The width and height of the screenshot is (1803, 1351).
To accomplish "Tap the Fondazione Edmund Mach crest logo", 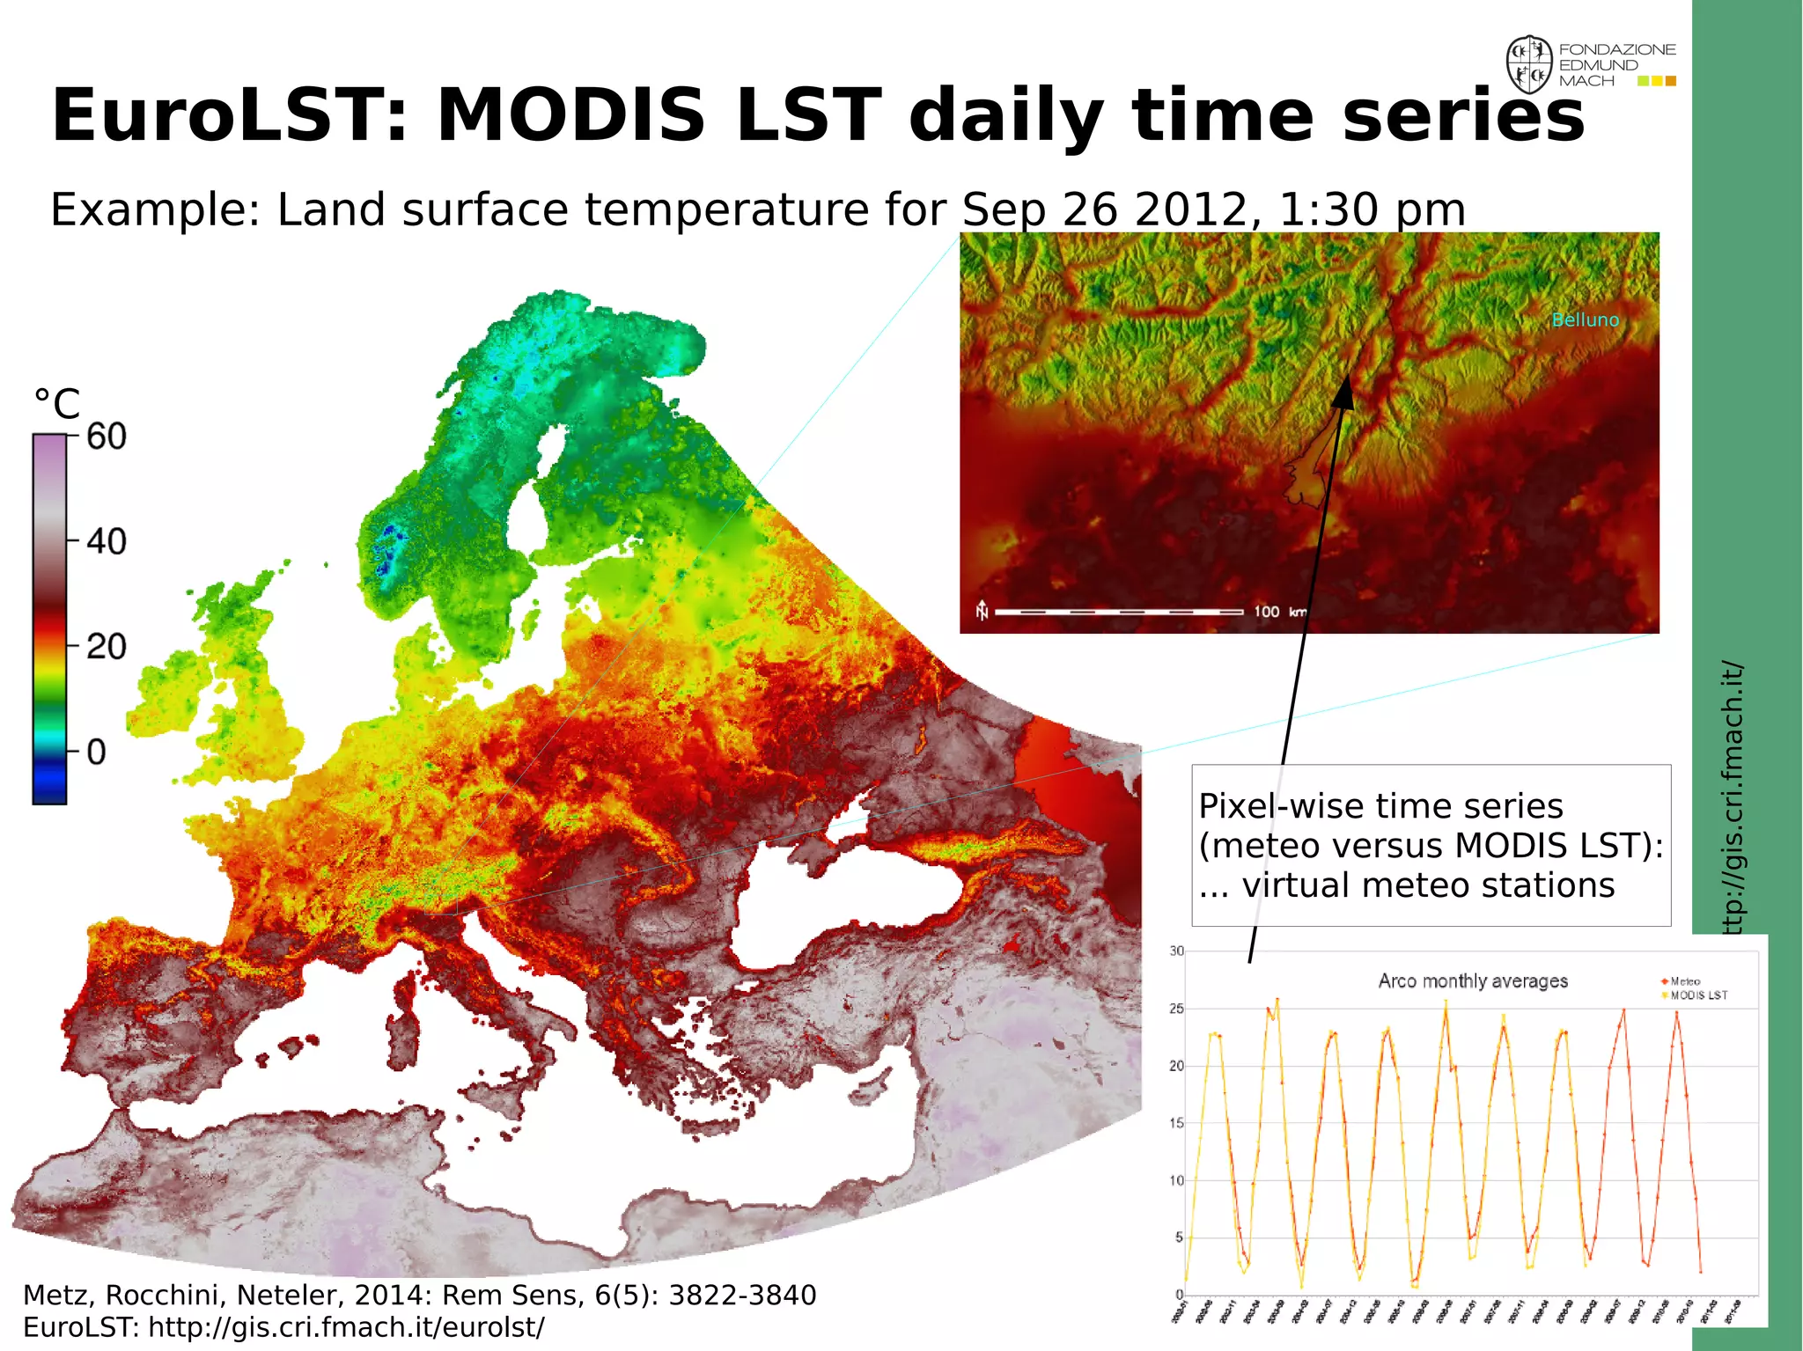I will pos(1528,65).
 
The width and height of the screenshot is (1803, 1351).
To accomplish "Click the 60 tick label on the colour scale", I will pos(107,437).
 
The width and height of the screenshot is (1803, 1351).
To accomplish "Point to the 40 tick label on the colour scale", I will pos(107,541).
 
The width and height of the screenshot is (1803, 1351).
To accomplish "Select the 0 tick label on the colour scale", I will pos(97,753).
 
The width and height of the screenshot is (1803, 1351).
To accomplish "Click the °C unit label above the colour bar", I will pos(57,405).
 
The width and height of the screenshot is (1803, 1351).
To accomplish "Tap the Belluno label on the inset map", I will pos(1585,320).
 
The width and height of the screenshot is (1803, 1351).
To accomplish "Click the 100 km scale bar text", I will pos(1279,612).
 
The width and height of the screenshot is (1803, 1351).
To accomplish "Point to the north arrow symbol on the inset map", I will pos(982,610).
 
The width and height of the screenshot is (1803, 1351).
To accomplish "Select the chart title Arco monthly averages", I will pos(1473,980).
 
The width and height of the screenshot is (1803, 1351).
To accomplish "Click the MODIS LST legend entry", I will pos(1698,995).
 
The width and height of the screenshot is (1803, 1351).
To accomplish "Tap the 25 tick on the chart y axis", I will pos(1176,1009).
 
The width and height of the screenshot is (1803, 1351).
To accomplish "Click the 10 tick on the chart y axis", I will pos(1176,1180).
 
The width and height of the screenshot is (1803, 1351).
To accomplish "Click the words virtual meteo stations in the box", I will pos(1427,885).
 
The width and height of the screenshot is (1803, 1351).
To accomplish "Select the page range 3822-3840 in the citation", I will pos(742,1295).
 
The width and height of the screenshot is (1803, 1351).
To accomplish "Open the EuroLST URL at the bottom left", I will pos(346,1327).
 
